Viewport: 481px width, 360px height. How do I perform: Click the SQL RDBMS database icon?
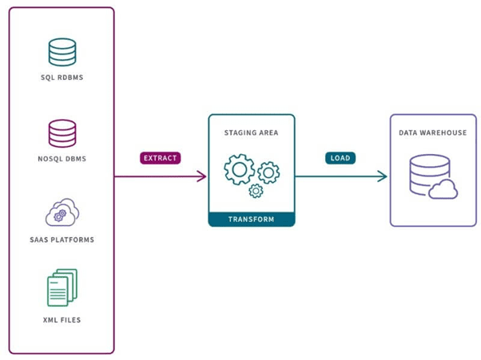[x=62, y=52]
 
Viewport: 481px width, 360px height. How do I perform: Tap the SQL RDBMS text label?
[x=62, y=77]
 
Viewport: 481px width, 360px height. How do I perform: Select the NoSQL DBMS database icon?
[x=62, y=133]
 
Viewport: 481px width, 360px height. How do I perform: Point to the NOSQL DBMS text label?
[x=62, y=159]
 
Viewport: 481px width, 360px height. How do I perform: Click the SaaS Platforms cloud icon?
[x=62, y=213]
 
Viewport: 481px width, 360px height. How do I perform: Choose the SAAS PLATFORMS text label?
[x=62, y=239]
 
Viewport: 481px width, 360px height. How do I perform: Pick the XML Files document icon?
[x=62, y=287]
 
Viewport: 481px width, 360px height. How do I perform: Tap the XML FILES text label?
[x=62, y=320]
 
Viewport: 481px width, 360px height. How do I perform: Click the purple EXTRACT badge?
[x=161, y=158]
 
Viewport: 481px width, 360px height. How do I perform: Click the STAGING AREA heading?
[x=252, y=133]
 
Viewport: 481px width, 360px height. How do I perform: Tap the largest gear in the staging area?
[x=239, y=170]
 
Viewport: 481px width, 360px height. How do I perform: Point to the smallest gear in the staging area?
[x=256, y=191]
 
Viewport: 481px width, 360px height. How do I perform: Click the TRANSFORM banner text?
[x=252, y=219]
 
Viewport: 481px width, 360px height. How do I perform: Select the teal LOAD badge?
[x=340, y=158]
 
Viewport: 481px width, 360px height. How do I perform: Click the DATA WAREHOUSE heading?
[x=432, y=133]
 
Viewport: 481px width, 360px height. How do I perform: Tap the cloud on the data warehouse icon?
[x=443, y=189]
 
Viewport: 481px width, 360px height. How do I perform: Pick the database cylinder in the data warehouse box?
[x=423, y=174]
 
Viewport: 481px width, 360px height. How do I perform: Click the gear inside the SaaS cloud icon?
[x=59, y=216]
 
